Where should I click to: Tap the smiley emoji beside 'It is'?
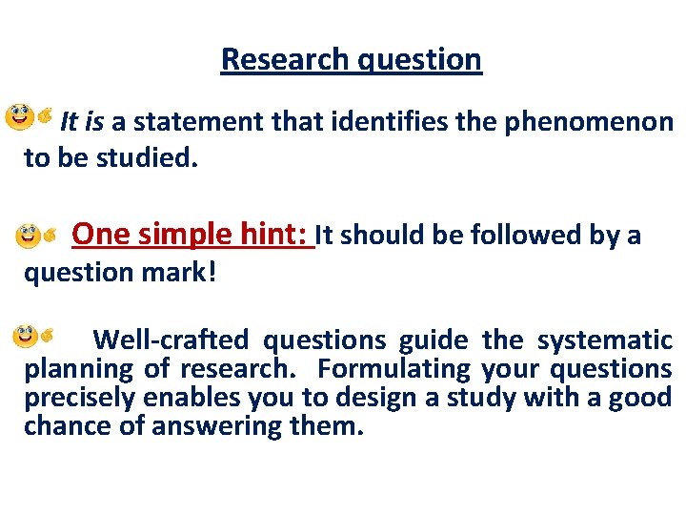tap(20, 119)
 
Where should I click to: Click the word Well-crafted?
tap(171, 340)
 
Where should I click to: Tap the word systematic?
tap(605, 340)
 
